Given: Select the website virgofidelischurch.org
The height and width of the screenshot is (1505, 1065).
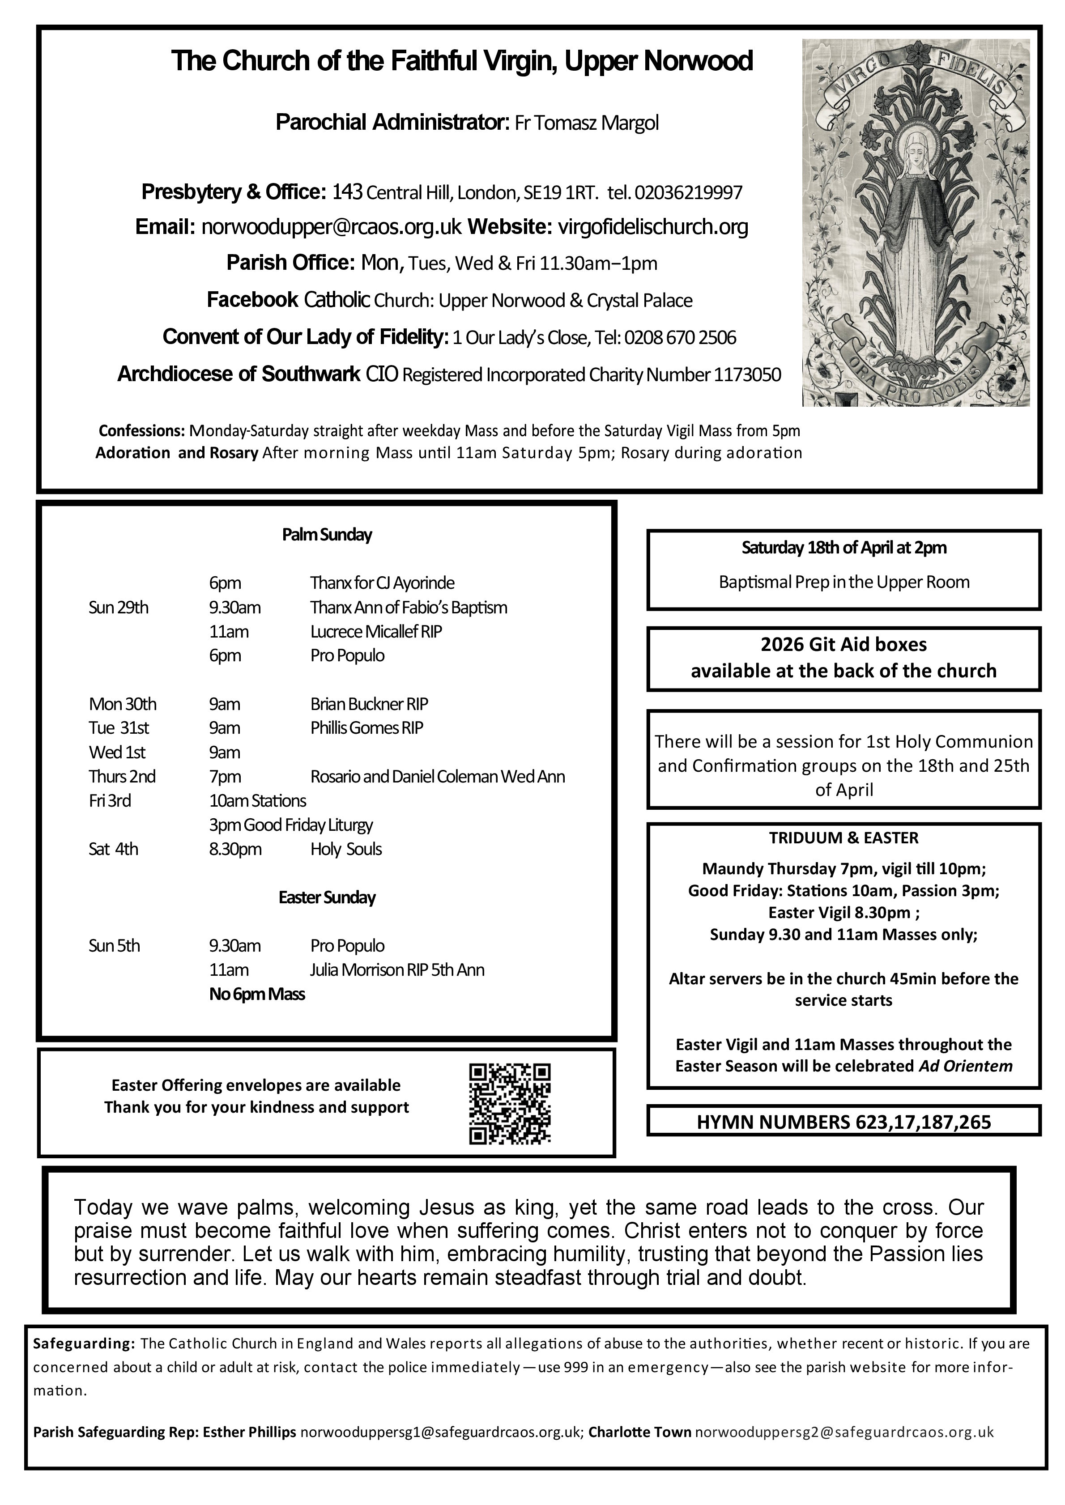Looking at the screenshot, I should click(652, 227).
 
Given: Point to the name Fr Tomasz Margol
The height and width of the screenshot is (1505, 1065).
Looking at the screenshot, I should click(586, 123).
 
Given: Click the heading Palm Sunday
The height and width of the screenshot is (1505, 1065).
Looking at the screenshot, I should click(327, 535).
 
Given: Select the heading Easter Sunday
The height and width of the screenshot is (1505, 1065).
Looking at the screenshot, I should click(327, 897).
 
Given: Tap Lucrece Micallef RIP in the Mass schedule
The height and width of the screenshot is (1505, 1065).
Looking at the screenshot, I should click(376, 631).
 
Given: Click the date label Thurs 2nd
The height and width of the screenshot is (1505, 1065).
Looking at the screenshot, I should click(122, 777).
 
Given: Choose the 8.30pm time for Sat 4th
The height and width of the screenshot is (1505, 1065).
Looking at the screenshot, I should click(235, 850).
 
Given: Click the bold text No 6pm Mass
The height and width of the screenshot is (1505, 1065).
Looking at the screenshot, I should click(257, 995).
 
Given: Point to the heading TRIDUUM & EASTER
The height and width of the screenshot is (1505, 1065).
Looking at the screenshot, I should click(843, 838).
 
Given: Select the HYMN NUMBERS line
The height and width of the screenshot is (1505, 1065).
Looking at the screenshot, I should click(843, 1122).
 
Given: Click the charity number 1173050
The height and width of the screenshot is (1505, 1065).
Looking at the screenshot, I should click(747, 375).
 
